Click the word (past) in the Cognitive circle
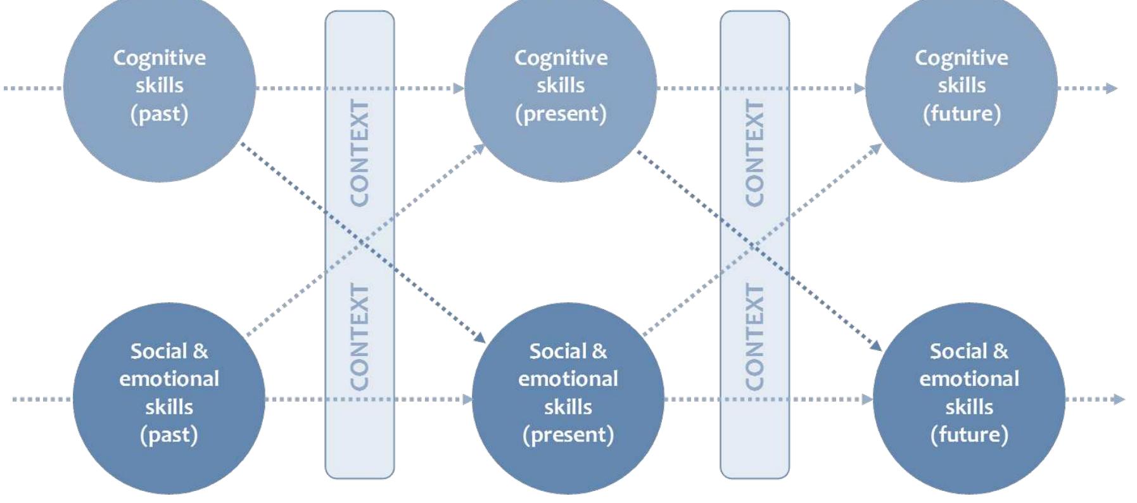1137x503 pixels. pyautogui.click(x=160, y=114)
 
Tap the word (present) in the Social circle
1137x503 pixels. pyautogui.click(x=568, y=435)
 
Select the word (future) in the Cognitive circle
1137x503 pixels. pyautogui.click(x=962, y=114)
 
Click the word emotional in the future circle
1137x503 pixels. pyautogui.click(x=969, y=379)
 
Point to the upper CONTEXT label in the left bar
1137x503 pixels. pyautogui.click(x=360, y=153)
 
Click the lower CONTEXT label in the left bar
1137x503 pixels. pyautogui.click(x=360, y=337)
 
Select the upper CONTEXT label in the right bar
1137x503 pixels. pyautogui.click(x=754, y=153)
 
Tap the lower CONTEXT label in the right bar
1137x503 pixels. pyautogui.click(x=754, y=337)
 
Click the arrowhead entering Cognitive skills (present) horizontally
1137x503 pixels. pyautogui.click(x=459, y=88)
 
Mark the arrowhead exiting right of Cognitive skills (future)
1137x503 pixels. pyautogui.click(x=1112, y=88)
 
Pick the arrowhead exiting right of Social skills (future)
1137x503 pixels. pyautogui.click(x=1119, y=399)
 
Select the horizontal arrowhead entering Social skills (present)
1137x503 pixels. pyautogui.click(x=467, y=399)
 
